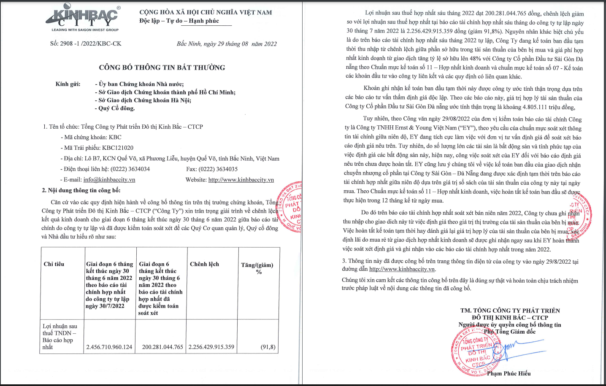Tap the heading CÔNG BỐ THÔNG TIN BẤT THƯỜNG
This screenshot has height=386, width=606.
(162, 67)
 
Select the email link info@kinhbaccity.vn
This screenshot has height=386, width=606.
(109, 180)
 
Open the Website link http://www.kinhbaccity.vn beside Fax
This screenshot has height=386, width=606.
(241, 180)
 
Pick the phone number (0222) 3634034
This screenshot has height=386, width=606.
(130, 169)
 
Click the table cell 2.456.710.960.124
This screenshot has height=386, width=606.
(109, 347)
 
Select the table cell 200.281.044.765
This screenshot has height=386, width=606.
(162, 347)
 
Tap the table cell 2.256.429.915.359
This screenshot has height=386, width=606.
(211, 347)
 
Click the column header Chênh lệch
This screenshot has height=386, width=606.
(204, 264)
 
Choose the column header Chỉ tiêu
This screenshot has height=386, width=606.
(54, 264)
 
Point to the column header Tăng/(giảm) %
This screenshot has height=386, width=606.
(257, 268)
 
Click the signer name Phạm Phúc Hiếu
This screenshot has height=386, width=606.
(509, 373)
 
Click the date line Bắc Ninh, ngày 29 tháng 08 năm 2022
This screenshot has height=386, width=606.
(227, 44)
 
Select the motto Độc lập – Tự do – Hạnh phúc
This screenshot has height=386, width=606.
(179, 21)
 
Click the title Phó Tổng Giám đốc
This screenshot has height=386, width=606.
(509, 332)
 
